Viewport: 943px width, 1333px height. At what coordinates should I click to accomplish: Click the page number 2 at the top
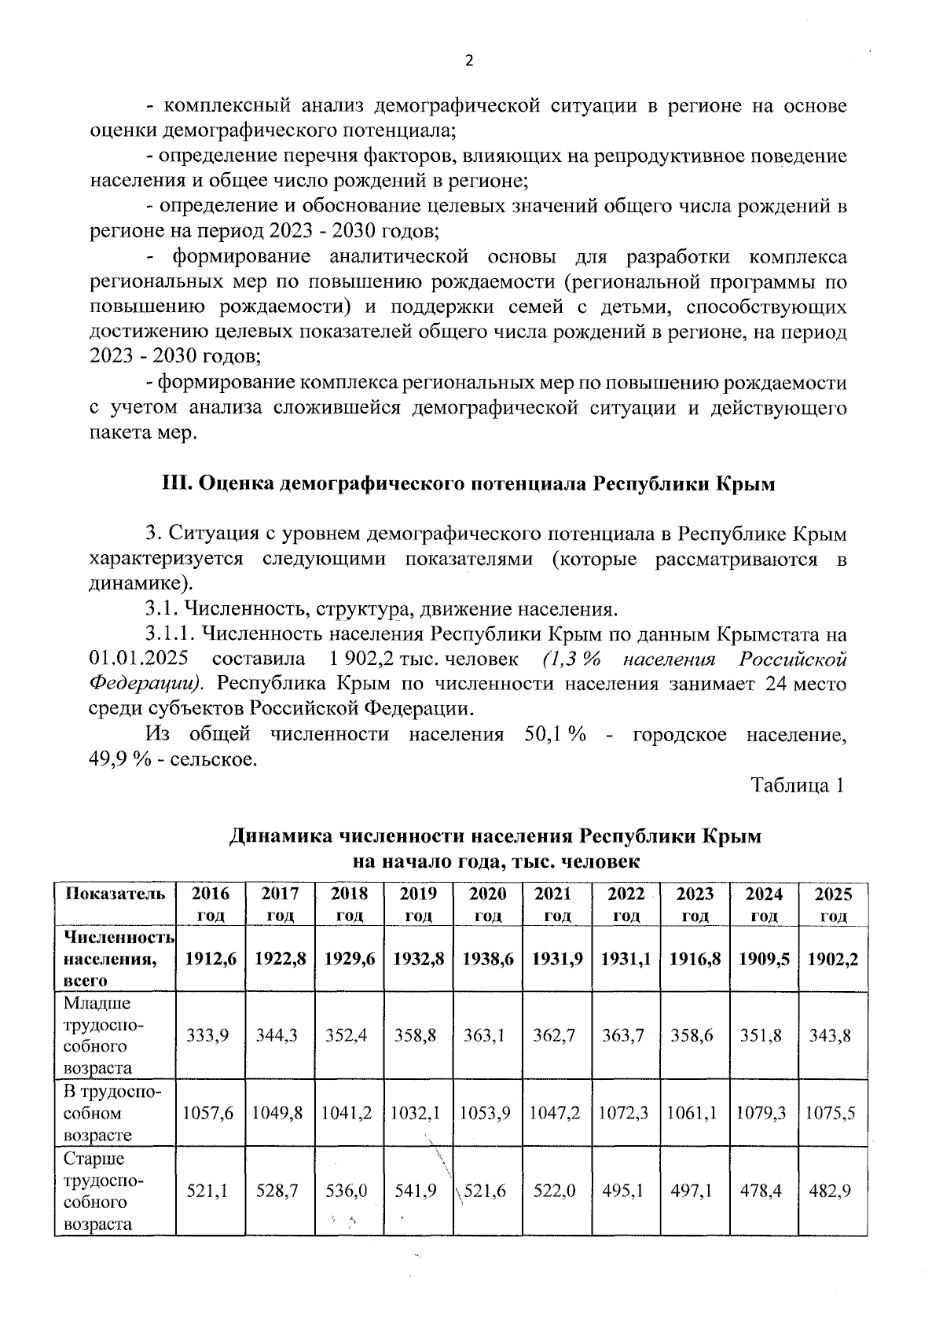(470, 61)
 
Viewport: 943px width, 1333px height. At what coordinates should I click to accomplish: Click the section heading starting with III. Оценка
(468, 483)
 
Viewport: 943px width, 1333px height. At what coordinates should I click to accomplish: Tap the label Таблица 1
(798, 785)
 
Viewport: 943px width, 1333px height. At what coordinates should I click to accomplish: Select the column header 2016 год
(211, 904)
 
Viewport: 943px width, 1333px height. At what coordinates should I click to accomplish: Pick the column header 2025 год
(833, 904)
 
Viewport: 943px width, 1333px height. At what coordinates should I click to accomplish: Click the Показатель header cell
(116, 894)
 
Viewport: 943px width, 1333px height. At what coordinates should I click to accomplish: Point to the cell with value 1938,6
(488, 958)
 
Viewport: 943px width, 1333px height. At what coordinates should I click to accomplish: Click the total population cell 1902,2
(833, 958)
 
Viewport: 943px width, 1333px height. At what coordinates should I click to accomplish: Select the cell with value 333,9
(208, 1035)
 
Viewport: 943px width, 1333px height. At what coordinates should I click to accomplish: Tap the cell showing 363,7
(626, 1035)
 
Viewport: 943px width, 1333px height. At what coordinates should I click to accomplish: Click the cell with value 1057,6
(208, 1113)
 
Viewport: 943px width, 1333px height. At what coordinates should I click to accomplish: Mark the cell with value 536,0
(347, 1191)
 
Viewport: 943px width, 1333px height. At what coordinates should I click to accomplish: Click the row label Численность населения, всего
(116, 958)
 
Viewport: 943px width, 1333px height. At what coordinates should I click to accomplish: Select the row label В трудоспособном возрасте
(112, 1113)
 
